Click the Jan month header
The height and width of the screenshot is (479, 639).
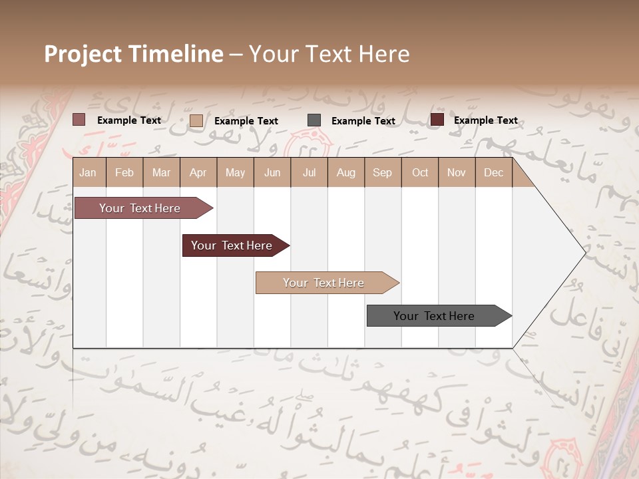click(x=88, y=173)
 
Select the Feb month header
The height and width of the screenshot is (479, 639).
click(x=124, y=173)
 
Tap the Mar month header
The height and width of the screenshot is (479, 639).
click(x=161, y=173)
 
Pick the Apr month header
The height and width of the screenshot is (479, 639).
click(x=198, y=173)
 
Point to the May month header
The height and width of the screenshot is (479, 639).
click(x=235, y=173)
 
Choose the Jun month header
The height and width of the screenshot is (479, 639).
click(x=272, y=173)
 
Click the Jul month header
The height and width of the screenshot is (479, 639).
click(x=309, y=173)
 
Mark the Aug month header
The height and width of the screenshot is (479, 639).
click(x=346, y=173)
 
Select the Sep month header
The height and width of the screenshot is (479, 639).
click(x=383, y=173)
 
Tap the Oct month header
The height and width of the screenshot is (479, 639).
click(x=420, y=173)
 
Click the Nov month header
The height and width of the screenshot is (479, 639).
click(x=457, y=173)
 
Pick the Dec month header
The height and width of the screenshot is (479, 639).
click(x=493, y=173)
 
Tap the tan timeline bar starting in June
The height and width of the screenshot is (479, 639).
click(x=325, y=283)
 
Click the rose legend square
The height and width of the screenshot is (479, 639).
click(x=79, y=120)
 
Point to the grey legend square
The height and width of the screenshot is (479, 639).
click(x=314, y=120)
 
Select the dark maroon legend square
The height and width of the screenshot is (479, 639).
click(x=437, y=120)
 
